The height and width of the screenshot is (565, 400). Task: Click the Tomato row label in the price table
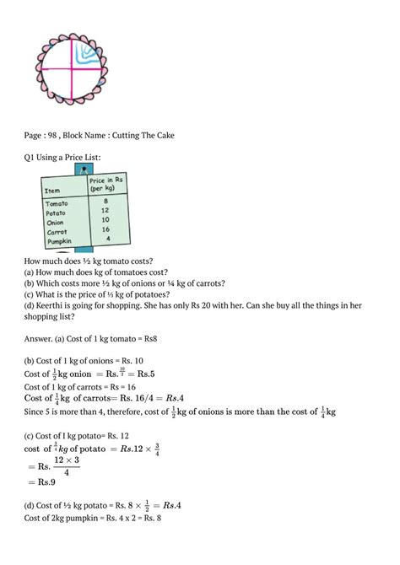(58, 203)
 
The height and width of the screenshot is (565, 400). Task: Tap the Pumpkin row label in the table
(59, 240)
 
